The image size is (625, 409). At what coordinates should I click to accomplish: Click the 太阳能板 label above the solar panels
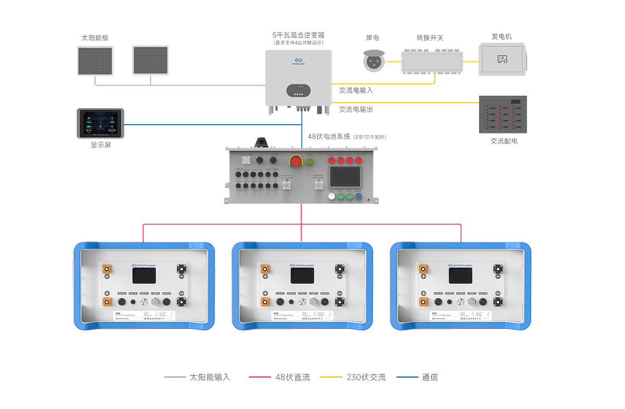pyautogui.click(x=95, y=38)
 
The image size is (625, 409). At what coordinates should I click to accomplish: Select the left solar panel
pyautogui.click(x=95, y=61)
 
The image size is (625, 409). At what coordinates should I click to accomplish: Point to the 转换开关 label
pyautogui.click(x=430, y=38)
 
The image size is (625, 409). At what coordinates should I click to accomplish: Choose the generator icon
pyautogui.click(x=503, y=58)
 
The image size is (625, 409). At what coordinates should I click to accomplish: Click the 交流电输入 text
pyautogui.click(x=356, y=90)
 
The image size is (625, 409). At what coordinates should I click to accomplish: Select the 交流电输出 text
pyautogui.click(x=356, y=110)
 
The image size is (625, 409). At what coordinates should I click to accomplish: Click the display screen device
pyautogui.click(x=101, y=124)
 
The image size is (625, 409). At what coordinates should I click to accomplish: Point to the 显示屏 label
pyautogui.click(x=101, y=145)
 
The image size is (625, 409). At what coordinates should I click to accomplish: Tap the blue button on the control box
pyautogui.click(x=359, y=197)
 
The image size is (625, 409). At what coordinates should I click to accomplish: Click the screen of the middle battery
pyautogui.click(x=302, y=276)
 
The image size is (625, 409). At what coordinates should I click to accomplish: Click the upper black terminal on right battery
pyautogui.click(x=498, y=269)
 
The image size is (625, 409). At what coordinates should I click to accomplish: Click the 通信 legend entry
pyautogui.click(x=430, y=377)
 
